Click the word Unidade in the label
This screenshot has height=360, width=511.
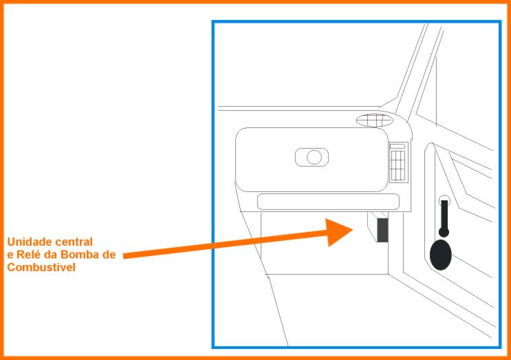[x=30, y=242]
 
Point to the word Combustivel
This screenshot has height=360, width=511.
[x=41, y=267]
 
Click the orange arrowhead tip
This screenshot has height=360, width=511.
[x=353, y=230]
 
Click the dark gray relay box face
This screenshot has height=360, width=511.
[x=382, y=230]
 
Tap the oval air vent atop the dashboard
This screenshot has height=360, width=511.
[x=374, y=120]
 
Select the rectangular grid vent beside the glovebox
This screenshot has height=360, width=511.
[x=398, y=166]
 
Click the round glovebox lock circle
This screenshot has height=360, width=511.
[x=314, y=157]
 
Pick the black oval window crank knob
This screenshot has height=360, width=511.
[x=441, y=255]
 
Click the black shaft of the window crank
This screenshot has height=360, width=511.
[x=444, y=216]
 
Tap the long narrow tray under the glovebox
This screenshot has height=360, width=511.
[x=328, y=202]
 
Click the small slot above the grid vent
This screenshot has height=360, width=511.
[x=398, y=146]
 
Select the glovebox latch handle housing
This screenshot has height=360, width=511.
[x=312, y=157]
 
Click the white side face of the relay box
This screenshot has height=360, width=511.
[x=372, y=226]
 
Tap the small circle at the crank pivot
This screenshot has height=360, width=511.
[x=444, y=200]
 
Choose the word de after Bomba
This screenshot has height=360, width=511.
[x=109, y=255]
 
